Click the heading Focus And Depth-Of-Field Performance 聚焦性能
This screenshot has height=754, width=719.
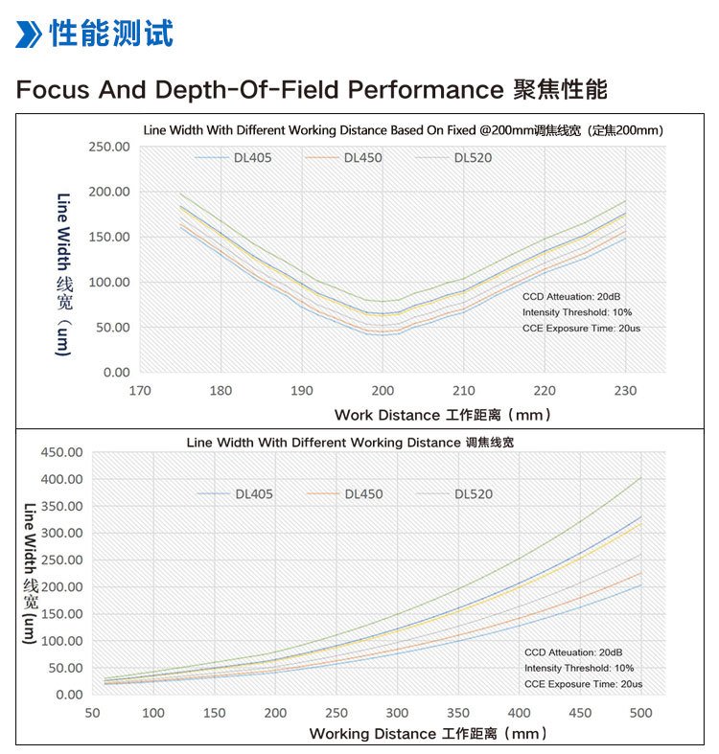coord(311,90)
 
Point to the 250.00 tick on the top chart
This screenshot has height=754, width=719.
coord(108,147)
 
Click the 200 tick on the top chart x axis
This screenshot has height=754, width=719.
coord(383,391)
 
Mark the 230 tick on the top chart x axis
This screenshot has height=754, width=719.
coord(625,391)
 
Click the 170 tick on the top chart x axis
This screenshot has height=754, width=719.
coord(140,391)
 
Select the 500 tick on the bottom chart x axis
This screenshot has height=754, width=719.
coord(640,713)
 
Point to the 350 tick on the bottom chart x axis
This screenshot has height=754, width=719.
coord(457,713)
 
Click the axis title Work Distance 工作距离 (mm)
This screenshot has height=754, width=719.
coord(443,415)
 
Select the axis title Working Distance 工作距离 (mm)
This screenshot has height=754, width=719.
coord(428,734)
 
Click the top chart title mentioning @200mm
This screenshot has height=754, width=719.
coord(404,129)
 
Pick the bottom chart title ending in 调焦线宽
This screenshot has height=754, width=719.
coord(356,443)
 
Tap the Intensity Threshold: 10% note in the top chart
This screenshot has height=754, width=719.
coord(577,312)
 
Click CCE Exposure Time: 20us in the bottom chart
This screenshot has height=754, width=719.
coord(583,684)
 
